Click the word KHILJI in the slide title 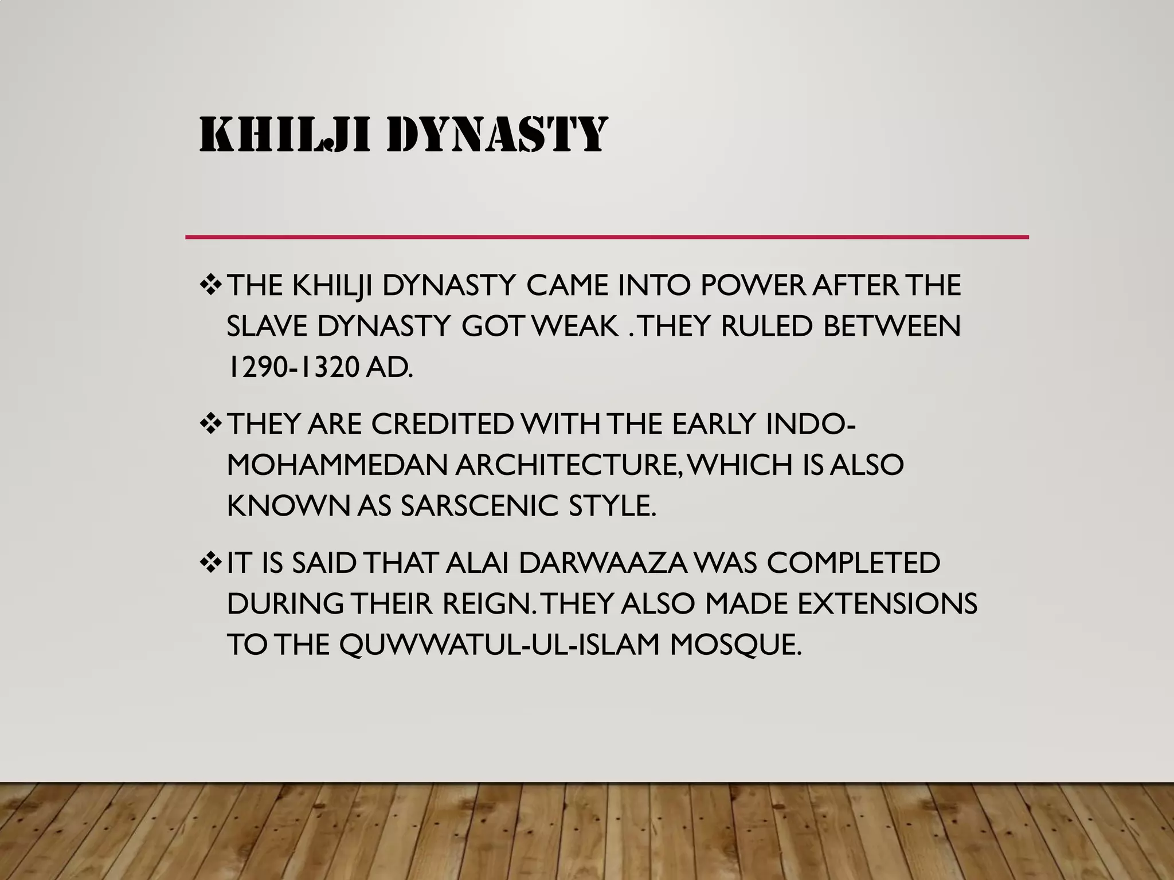pos(284,135)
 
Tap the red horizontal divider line pos(606,237)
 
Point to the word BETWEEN pos(891,327)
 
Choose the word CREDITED pos(441,425)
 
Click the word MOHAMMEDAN pos(336,465)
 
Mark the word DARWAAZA pos(602,563)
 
